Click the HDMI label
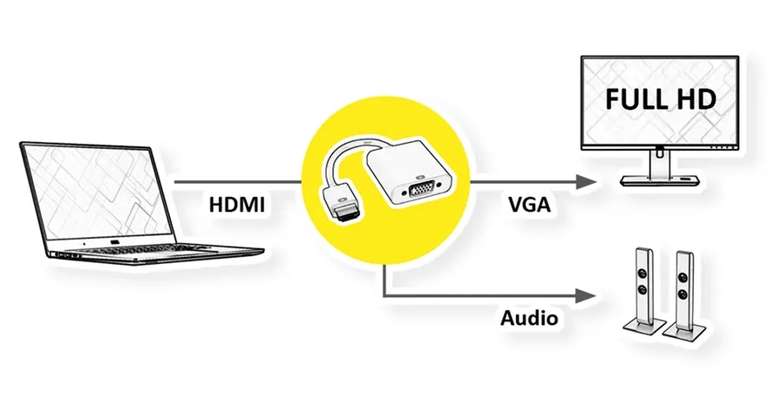tap(236, 206)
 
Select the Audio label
tap(528, 317)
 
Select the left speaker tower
tap(645, 283)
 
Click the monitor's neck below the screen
tap(660, 161)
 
